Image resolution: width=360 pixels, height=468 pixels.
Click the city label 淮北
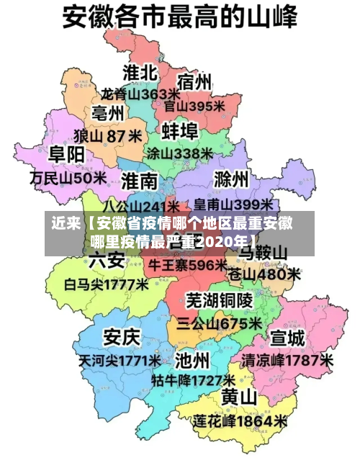coord(140,72)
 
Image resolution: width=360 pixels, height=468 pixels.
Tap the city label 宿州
coord(194,81)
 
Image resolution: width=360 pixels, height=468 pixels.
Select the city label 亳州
coord(107,113)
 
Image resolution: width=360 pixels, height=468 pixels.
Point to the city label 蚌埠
coord(179,131)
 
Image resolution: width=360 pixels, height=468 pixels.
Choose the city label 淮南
coord(139,180)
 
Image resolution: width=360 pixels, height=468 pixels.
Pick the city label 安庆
coord(122,336)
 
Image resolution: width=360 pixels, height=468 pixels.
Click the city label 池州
coord(192,358)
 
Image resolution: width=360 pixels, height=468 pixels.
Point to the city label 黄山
coord(239,397)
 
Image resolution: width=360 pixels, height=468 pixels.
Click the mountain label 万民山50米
coord(69,176)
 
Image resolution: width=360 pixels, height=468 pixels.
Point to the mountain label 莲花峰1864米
coord(240,420)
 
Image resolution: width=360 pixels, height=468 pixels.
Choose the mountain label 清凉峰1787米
coord(287,359)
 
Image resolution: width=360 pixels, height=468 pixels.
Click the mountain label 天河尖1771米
coord(121,359)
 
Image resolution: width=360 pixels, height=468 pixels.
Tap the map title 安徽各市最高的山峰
coord(180,17)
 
